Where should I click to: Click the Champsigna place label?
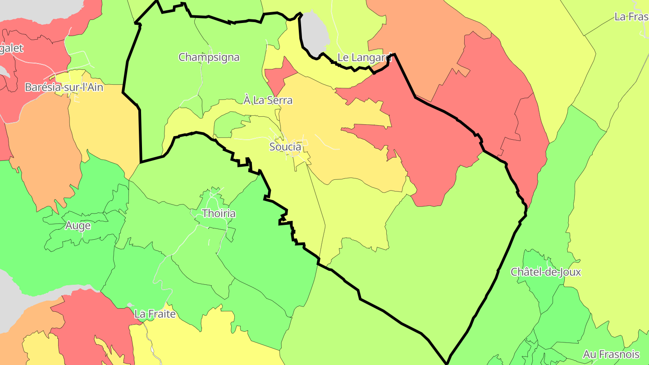click(x=209, y=57)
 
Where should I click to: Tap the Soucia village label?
click(x=285, y=146)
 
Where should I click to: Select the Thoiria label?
click(x=219, y=213)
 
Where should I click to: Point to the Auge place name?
click(x=78, y=225)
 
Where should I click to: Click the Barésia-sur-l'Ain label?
click(x=64, y=87)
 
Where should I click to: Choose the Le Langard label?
click(x=364, y=57)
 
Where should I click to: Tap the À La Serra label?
click(x=268, y=100)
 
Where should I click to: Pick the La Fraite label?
click(x=155, y=314)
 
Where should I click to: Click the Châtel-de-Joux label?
click(x=545, y=272)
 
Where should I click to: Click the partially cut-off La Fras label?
click(x=631, y=17)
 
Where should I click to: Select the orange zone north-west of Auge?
click(x=43, y=149)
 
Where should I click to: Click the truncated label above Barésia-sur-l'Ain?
click(x=11, y=48)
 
